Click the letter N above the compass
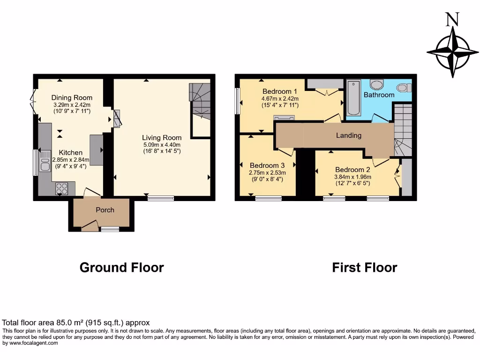click(452, 19)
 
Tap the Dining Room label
click(72, 97)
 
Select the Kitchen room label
click(70, 152)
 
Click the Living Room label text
click(162, 137)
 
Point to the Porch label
click(105, 210)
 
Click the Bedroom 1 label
click(279, 91)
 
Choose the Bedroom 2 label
click(352, 170)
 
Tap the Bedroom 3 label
click(267, 165)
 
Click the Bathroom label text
click(379, 95)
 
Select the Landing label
click(349, 135)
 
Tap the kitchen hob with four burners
click(62, 188)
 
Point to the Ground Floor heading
click(121, 268)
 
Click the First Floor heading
click(364, 268)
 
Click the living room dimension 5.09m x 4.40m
click(162, 144)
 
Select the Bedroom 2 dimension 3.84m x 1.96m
click(352, 177)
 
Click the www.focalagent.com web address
click(30, 343)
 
